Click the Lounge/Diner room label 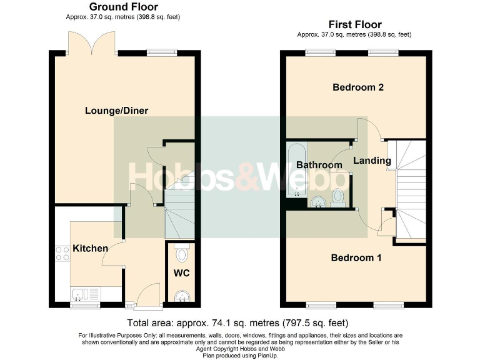(116, 111)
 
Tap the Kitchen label (90, 248)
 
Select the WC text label (181, 273)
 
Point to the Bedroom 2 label (357, 87)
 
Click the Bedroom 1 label (356, 257)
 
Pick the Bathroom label (319, 165)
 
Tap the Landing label (372, 161)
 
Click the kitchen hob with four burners (63, 253)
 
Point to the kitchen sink (79, 294)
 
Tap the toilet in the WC (182, 254)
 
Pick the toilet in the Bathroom (339, 196)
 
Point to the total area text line (237, 323)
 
